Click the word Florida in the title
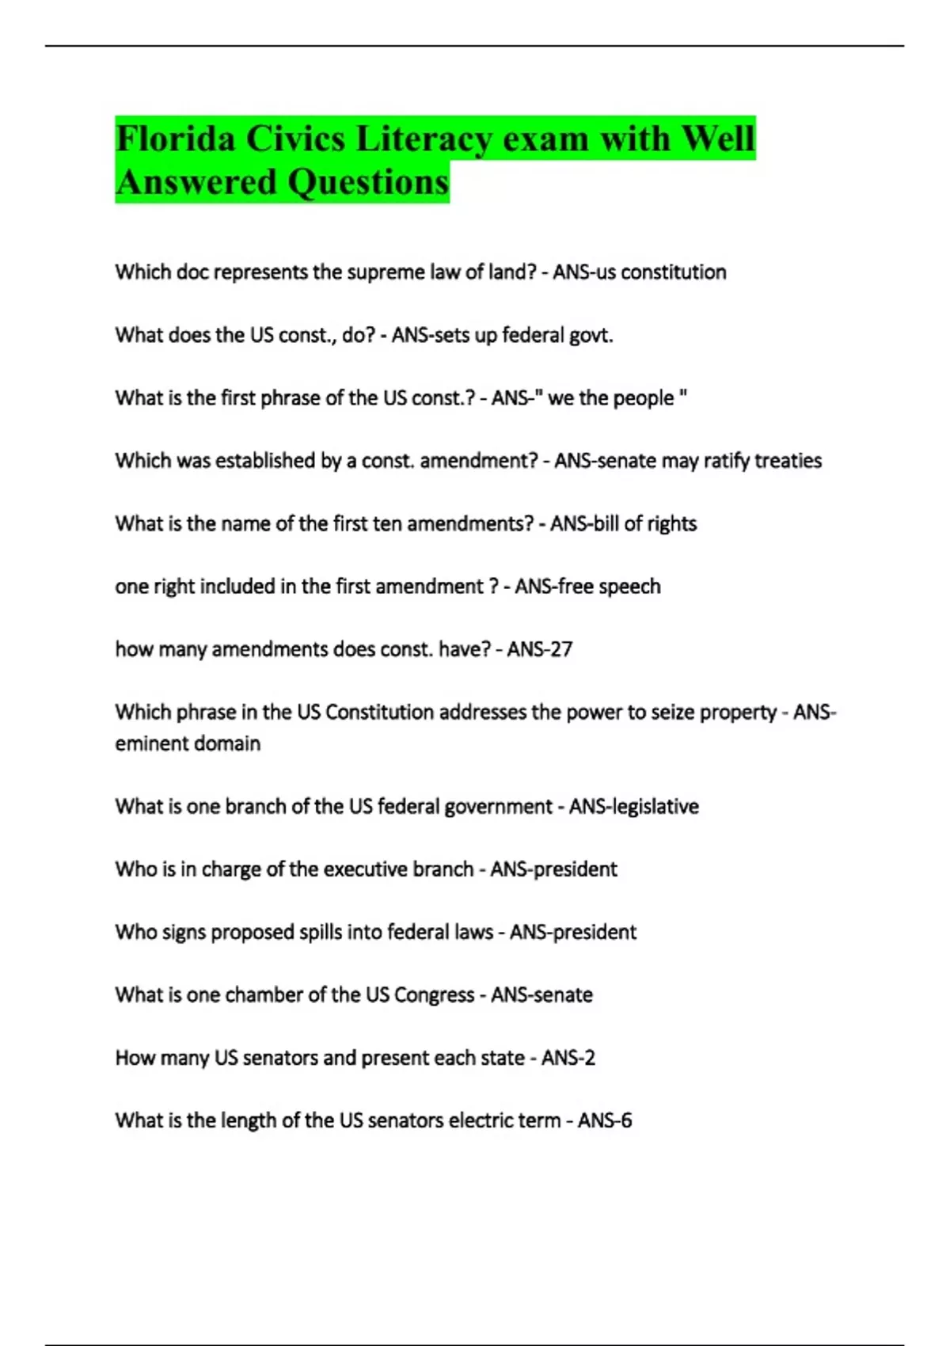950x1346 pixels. [175, 139]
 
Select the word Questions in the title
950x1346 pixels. [368, 182]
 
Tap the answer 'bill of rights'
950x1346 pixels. [644, 524]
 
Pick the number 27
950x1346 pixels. [561, 649]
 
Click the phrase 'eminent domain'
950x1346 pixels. [188, 743]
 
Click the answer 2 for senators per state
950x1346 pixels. [589, 1058]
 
